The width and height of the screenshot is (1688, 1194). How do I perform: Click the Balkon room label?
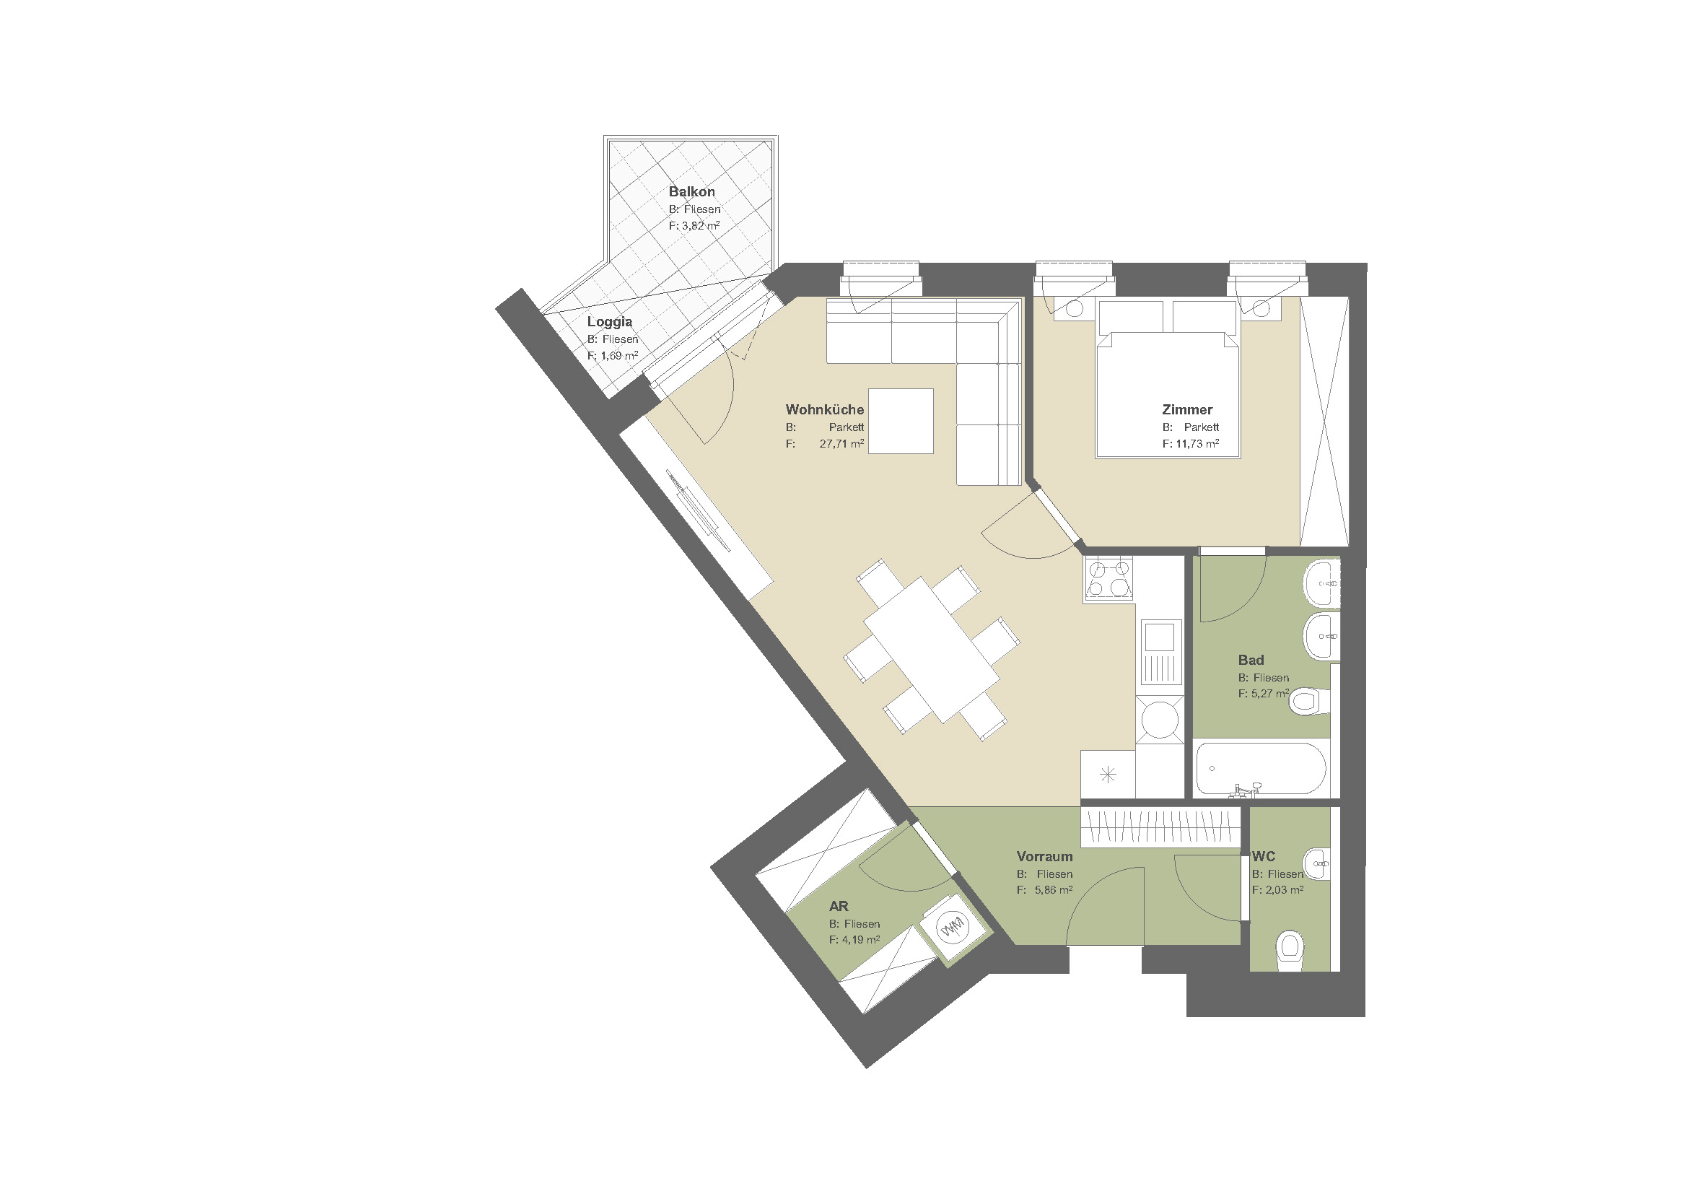coord(691,192)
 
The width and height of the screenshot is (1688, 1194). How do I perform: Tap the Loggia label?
coord(610,321)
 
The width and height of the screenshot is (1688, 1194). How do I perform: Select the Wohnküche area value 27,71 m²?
coord(841,444)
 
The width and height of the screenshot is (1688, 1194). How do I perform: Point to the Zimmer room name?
coord(1186,409)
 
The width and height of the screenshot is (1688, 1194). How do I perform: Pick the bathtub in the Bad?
coord(1261,769)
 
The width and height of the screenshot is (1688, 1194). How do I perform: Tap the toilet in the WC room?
coord(1290,950)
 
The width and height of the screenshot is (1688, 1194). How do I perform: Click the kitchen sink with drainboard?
coord(1161,653)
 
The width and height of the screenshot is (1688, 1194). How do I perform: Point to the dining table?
coord(932,649)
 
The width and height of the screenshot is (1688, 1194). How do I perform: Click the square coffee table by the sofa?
coord(901,422)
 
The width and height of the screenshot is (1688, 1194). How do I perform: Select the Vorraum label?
coord(1044,857)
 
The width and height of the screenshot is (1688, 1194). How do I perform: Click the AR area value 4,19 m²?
coord(854,940)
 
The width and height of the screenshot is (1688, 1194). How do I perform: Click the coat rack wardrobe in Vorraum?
coord(1160,827)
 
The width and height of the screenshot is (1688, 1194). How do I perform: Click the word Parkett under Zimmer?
coord(1202,427)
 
